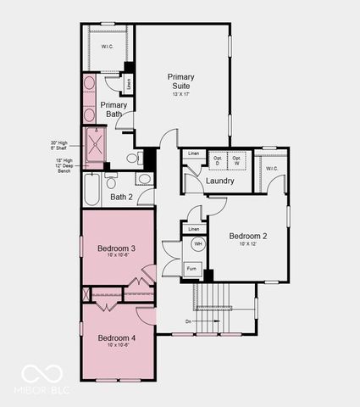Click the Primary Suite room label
pyautogui.click(x=180, y=81)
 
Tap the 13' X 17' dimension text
pyautogui.click(x=180, y=95)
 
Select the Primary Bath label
pyautogui.click(x=114, y=109)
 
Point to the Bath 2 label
pyautogui.click(x=122, y=197)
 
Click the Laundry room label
pyautogui.click(x=219, y=181)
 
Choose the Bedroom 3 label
pyautogui.click(x=117, y=247)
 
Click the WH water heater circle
pyautogui.click(x=197, y=244)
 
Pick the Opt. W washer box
pyautogui.click(x=237, y=160)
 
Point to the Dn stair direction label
pyautogui.click(x=188, y=321)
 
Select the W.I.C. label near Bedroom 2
pyautogui.click(x=271, y=169)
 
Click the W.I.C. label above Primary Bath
pyautogui.click(x=108, y=47)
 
